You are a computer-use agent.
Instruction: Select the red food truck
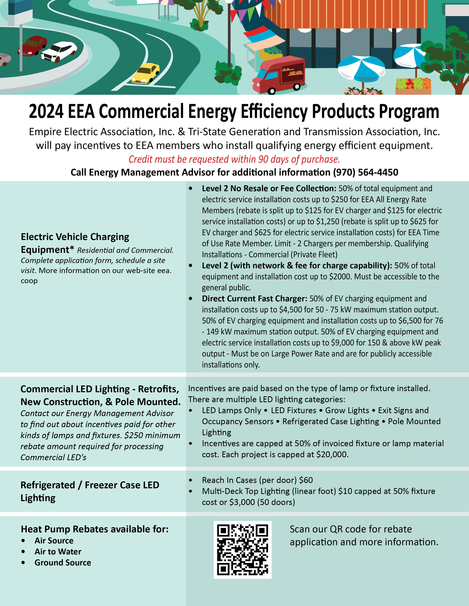point(279,74)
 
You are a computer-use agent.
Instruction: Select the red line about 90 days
point(234,159)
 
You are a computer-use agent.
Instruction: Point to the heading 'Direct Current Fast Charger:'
point(254,299)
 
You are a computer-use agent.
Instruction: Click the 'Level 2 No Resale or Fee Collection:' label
point(269,188)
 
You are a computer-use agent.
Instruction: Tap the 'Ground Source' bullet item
point(63,562)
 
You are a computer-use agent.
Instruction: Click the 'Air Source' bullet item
point(54,540)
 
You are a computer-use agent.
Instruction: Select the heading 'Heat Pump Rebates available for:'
point(95,529)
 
